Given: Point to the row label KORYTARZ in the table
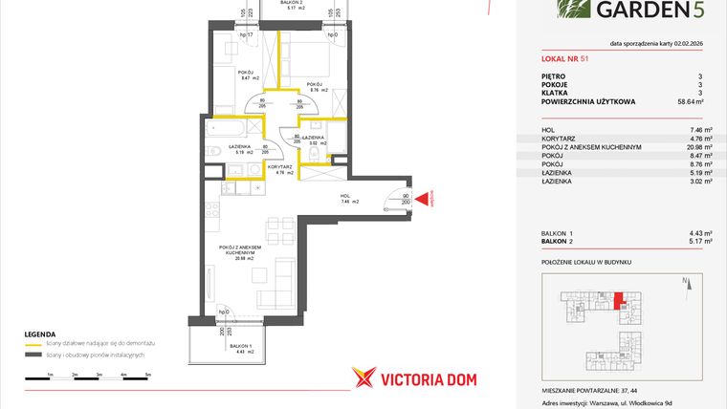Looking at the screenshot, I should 559,138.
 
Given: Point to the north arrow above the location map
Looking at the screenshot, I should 687,282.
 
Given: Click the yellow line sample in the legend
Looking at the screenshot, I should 31,342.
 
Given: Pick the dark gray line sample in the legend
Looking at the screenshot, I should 31,355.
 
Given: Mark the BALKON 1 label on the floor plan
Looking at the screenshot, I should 239,345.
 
